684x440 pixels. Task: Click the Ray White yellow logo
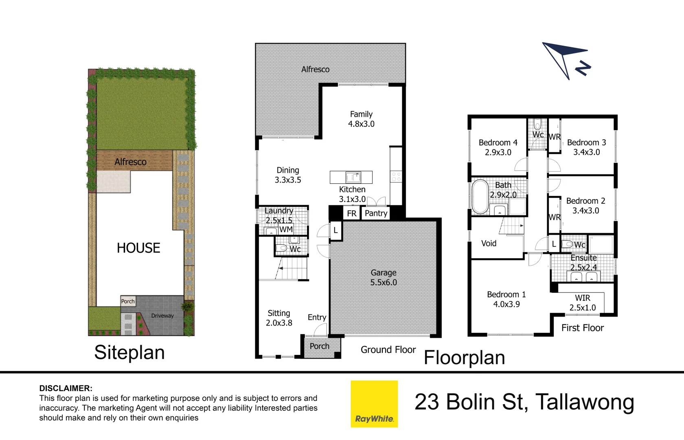[374, 404]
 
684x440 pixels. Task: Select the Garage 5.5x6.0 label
[384, 277]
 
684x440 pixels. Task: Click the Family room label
[361, 119]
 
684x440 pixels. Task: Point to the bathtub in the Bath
[480, 196]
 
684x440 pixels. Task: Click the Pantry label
[376, 213]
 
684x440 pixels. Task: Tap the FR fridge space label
[352, 213]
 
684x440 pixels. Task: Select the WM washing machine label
[286, 229]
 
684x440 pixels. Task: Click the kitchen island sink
[353, 177]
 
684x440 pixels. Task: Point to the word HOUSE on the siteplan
[138, 248]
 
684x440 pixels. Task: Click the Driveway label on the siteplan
[162, 316]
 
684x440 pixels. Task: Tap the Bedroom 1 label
[506, 299]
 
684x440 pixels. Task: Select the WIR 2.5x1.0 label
[583, 302]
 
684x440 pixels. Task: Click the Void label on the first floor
[489, 243]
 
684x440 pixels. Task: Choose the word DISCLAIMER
[66, 388]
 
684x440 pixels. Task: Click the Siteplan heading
[129, 353]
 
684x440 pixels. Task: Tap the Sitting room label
[279, 318]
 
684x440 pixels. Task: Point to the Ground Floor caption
[388, 350]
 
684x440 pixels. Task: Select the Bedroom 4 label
[498, 147]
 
